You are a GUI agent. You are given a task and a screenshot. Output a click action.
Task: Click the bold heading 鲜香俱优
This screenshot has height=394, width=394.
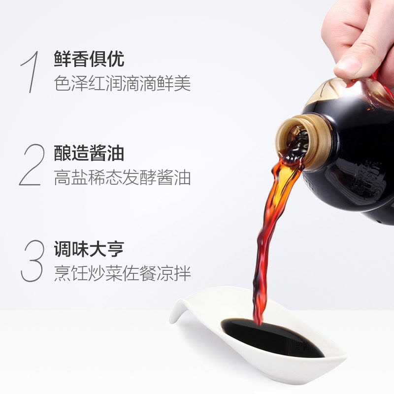click(89, 59)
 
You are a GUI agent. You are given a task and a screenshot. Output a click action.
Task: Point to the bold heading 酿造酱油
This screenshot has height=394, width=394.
click(89, 154)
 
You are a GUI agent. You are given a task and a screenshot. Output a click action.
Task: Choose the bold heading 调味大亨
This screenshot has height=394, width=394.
click(89, 248)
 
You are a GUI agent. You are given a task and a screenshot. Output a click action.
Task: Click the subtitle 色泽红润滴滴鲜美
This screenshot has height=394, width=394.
click(122, 83)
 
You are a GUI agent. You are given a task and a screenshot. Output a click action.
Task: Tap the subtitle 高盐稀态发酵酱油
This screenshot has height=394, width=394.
click(122, 177)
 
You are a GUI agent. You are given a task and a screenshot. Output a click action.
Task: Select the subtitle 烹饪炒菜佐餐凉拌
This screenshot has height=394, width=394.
click(122, 272)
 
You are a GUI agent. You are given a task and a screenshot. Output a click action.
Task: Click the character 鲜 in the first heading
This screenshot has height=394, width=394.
click(63, 59)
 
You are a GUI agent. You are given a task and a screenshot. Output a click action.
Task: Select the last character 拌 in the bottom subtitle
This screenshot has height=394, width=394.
click(183, 272)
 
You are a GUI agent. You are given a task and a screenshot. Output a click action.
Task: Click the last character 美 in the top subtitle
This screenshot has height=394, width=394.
click(183, 83)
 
